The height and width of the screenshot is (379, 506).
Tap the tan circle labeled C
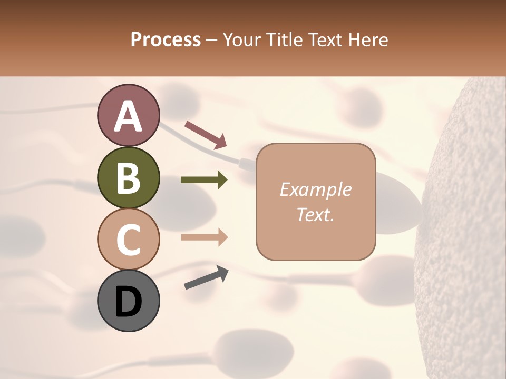(x=128, y=240)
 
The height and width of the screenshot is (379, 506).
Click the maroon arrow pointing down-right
(x=206, y=135)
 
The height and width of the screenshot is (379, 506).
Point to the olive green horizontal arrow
(x=204, y=180)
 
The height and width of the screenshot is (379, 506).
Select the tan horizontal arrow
(x=204, y=237)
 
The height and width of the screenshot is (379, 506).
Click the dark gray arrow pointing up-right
(x=206, y=277)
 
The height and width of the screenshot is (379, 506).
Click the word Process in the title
(x=166, y=39)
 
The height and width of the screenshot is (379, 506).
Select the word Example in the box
(x=315, y=189)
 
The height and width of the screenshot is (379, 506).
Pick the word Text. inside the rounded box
(x=315, y=214)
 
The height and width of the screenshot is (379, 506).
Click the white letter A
(x=128, y=116)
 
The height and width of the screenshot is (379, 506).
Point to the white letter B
(x=128, y=178)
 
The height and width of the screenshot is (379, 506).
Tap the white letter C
(x=128, y=240)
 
